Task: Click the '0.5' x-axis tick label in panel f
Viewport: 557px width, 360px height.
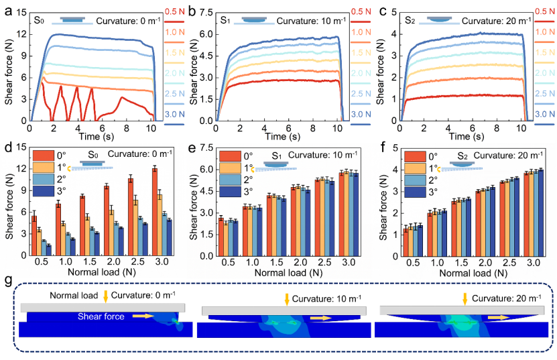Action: pyautogui.click(x=417, y=260)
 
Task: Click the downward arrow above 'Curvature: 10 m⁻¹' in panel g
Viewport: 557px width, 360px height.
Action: pyautogui.click(x=286, y=299)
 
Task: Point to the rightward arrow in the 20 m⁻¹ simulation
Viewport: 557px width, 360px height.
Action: pyautogui.click(x=497, y=317)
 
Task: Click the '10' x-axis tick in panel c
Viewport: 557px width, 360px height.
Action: pyautogui.click(x=521, y=125)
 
